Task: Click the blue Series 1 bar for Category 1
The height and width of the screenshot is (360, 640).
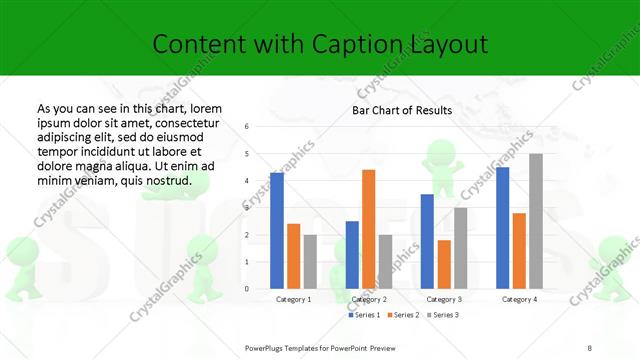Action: pyautogui.click(x=277, y=231)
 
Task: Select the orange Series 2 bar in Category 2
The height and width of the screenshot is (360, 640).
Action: pyautogui.click(x=368, y=229)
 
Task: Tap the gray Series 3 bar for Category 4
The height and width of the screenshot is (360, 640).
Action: pyautogui.click(x=536, y=221)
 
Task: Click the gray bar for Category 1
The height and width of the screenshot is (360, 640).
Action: pyautogui.click(x=310, y=262)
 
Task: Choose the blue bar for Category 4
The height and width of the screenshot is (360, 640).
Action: pyautogui.click(x=502, y=228)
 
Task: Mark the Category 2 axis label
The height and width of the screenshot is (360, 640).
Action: pyautogui.click(x=369, y=299)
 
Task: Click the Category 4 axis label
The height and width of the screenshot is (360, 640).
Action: pyautogui.click(x=519, y=299)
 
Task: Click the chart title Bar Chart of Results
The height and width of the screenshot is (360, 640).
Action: pyautogui.click(x=402, y=110)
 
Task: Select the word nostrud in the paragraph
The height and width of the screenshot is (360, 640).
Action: pyautogui.click(x=164, y=180)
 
